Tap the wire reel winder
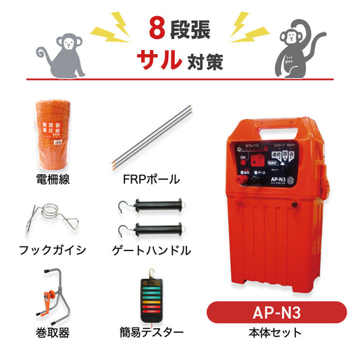pos(52,295)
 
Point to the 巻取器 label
pos(52,332)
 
